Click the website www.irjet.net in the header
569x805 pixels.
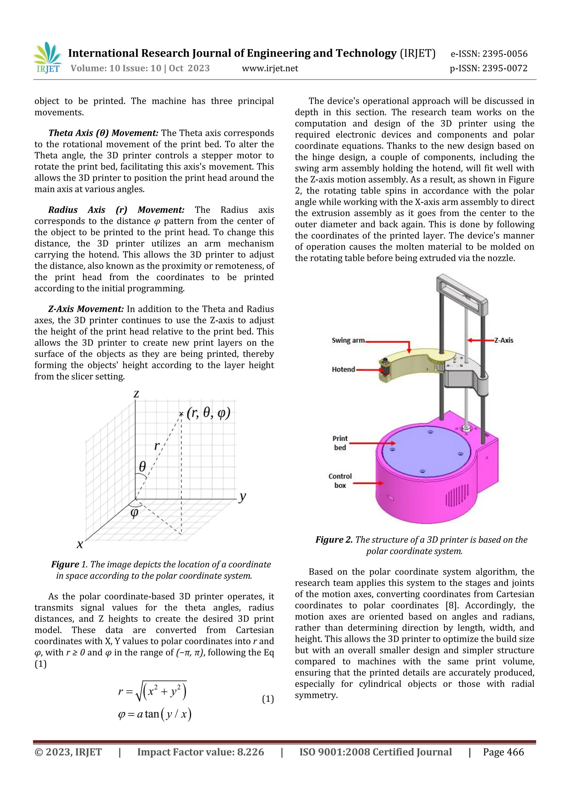270,68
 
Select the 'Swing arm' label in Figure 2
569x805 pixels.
348,340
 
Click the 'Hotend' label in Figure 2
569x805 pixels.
343,370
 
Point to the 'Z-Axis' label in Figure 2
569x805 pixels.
503,340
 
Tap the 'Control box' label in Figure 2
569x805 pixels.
340,481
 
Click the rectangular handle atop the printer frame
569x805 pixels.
461,293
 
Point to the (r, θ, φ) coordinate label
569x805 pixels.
208,413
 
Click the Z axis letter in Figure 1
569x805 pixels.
136,394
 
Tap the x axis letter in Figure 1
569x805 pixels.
80,544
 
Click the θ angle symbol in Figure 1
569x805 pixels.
142,466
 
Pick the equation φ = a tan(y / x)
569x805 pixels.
154,714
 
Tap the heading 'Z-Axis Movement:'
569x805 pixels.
86,309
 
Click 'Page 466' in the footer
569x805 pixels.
503,752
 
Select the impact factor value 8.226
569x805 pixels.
250,752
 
